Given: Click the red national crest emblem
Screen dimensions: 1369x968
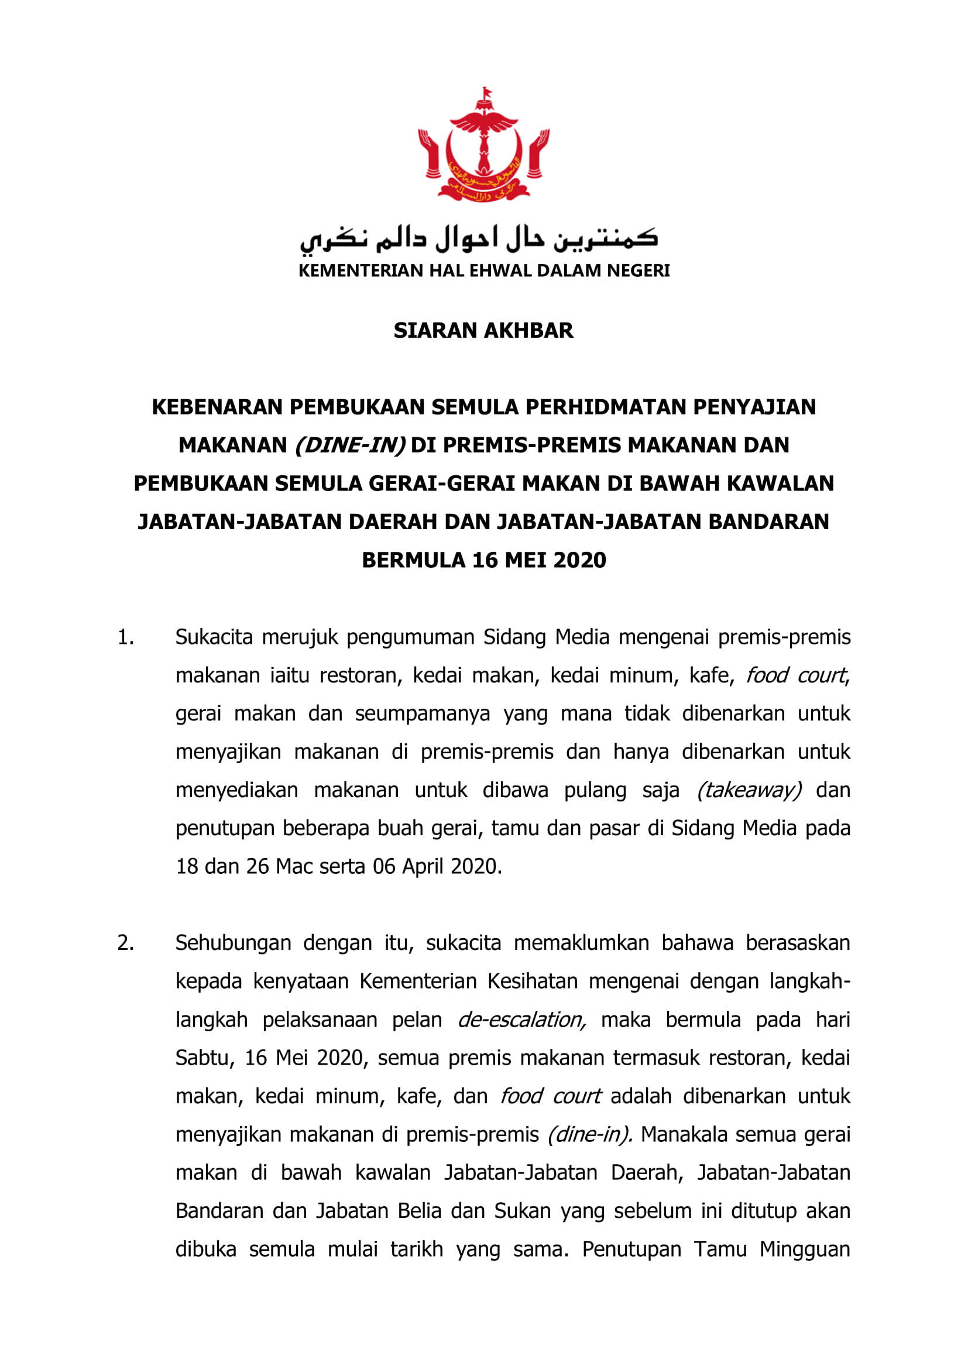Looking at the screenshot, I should [x=483, y=145].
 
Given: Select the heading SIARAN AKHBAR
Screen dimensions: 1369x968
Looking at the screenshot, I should [x=483, y=330].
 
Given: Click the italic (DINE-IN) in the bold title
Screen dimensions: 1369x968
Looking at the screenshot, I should [x=351, y=445].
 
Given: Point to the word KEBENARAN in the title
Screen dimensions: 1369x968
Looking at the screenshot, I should [x=218, y=407].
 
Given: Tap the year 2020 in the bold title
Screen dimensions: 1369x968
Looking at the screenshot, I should [x=580, y=561].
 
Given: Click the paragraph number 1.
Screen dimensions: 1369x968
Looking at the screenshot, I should [x=125, y=637].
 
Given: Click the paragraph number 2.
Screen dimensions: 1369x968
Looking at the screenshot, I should [x=125, y=943].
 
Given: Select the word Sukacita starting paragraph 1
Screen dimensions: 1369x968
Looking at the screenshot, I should [x=214, y=637].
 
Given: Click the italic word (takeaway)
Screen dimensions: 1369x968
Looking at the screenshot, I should [x=749, y=791].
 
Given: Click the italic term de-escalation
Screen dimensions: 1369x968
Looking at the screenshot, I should [x=522, y=1020].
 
